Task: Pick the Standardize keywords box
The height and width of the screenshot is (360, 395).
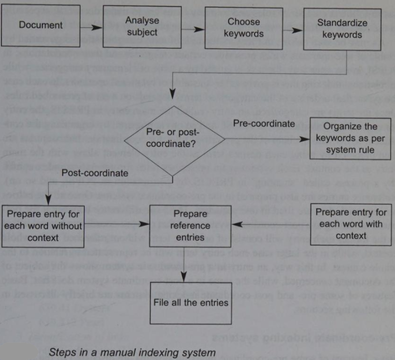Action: point(342,29)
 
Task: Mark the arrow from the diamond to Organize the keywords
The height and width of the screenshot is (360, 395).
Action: point(267,139)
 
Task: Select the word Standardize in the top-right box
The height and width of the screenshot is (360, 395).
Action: point(342,23)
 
